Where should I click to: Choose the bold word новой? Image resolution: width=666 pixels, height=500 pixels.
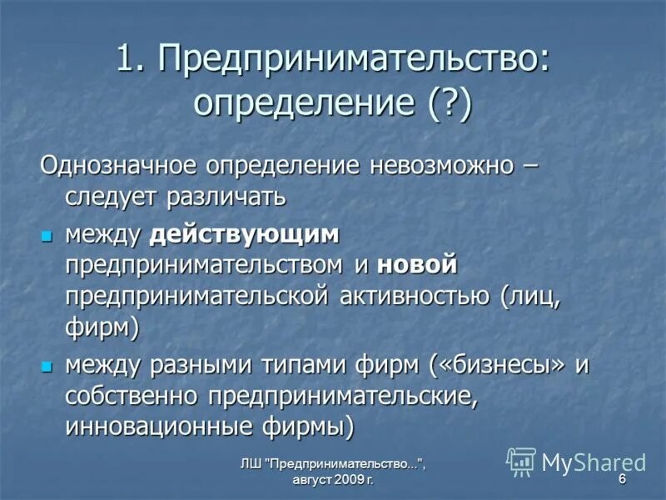tap(417, 266)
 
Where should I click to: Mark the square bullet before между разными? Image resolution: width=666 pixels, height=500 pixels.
tap(47, 365)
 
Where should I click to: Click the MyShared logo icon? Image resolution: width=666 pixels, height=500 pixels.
tap(521, 461)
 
